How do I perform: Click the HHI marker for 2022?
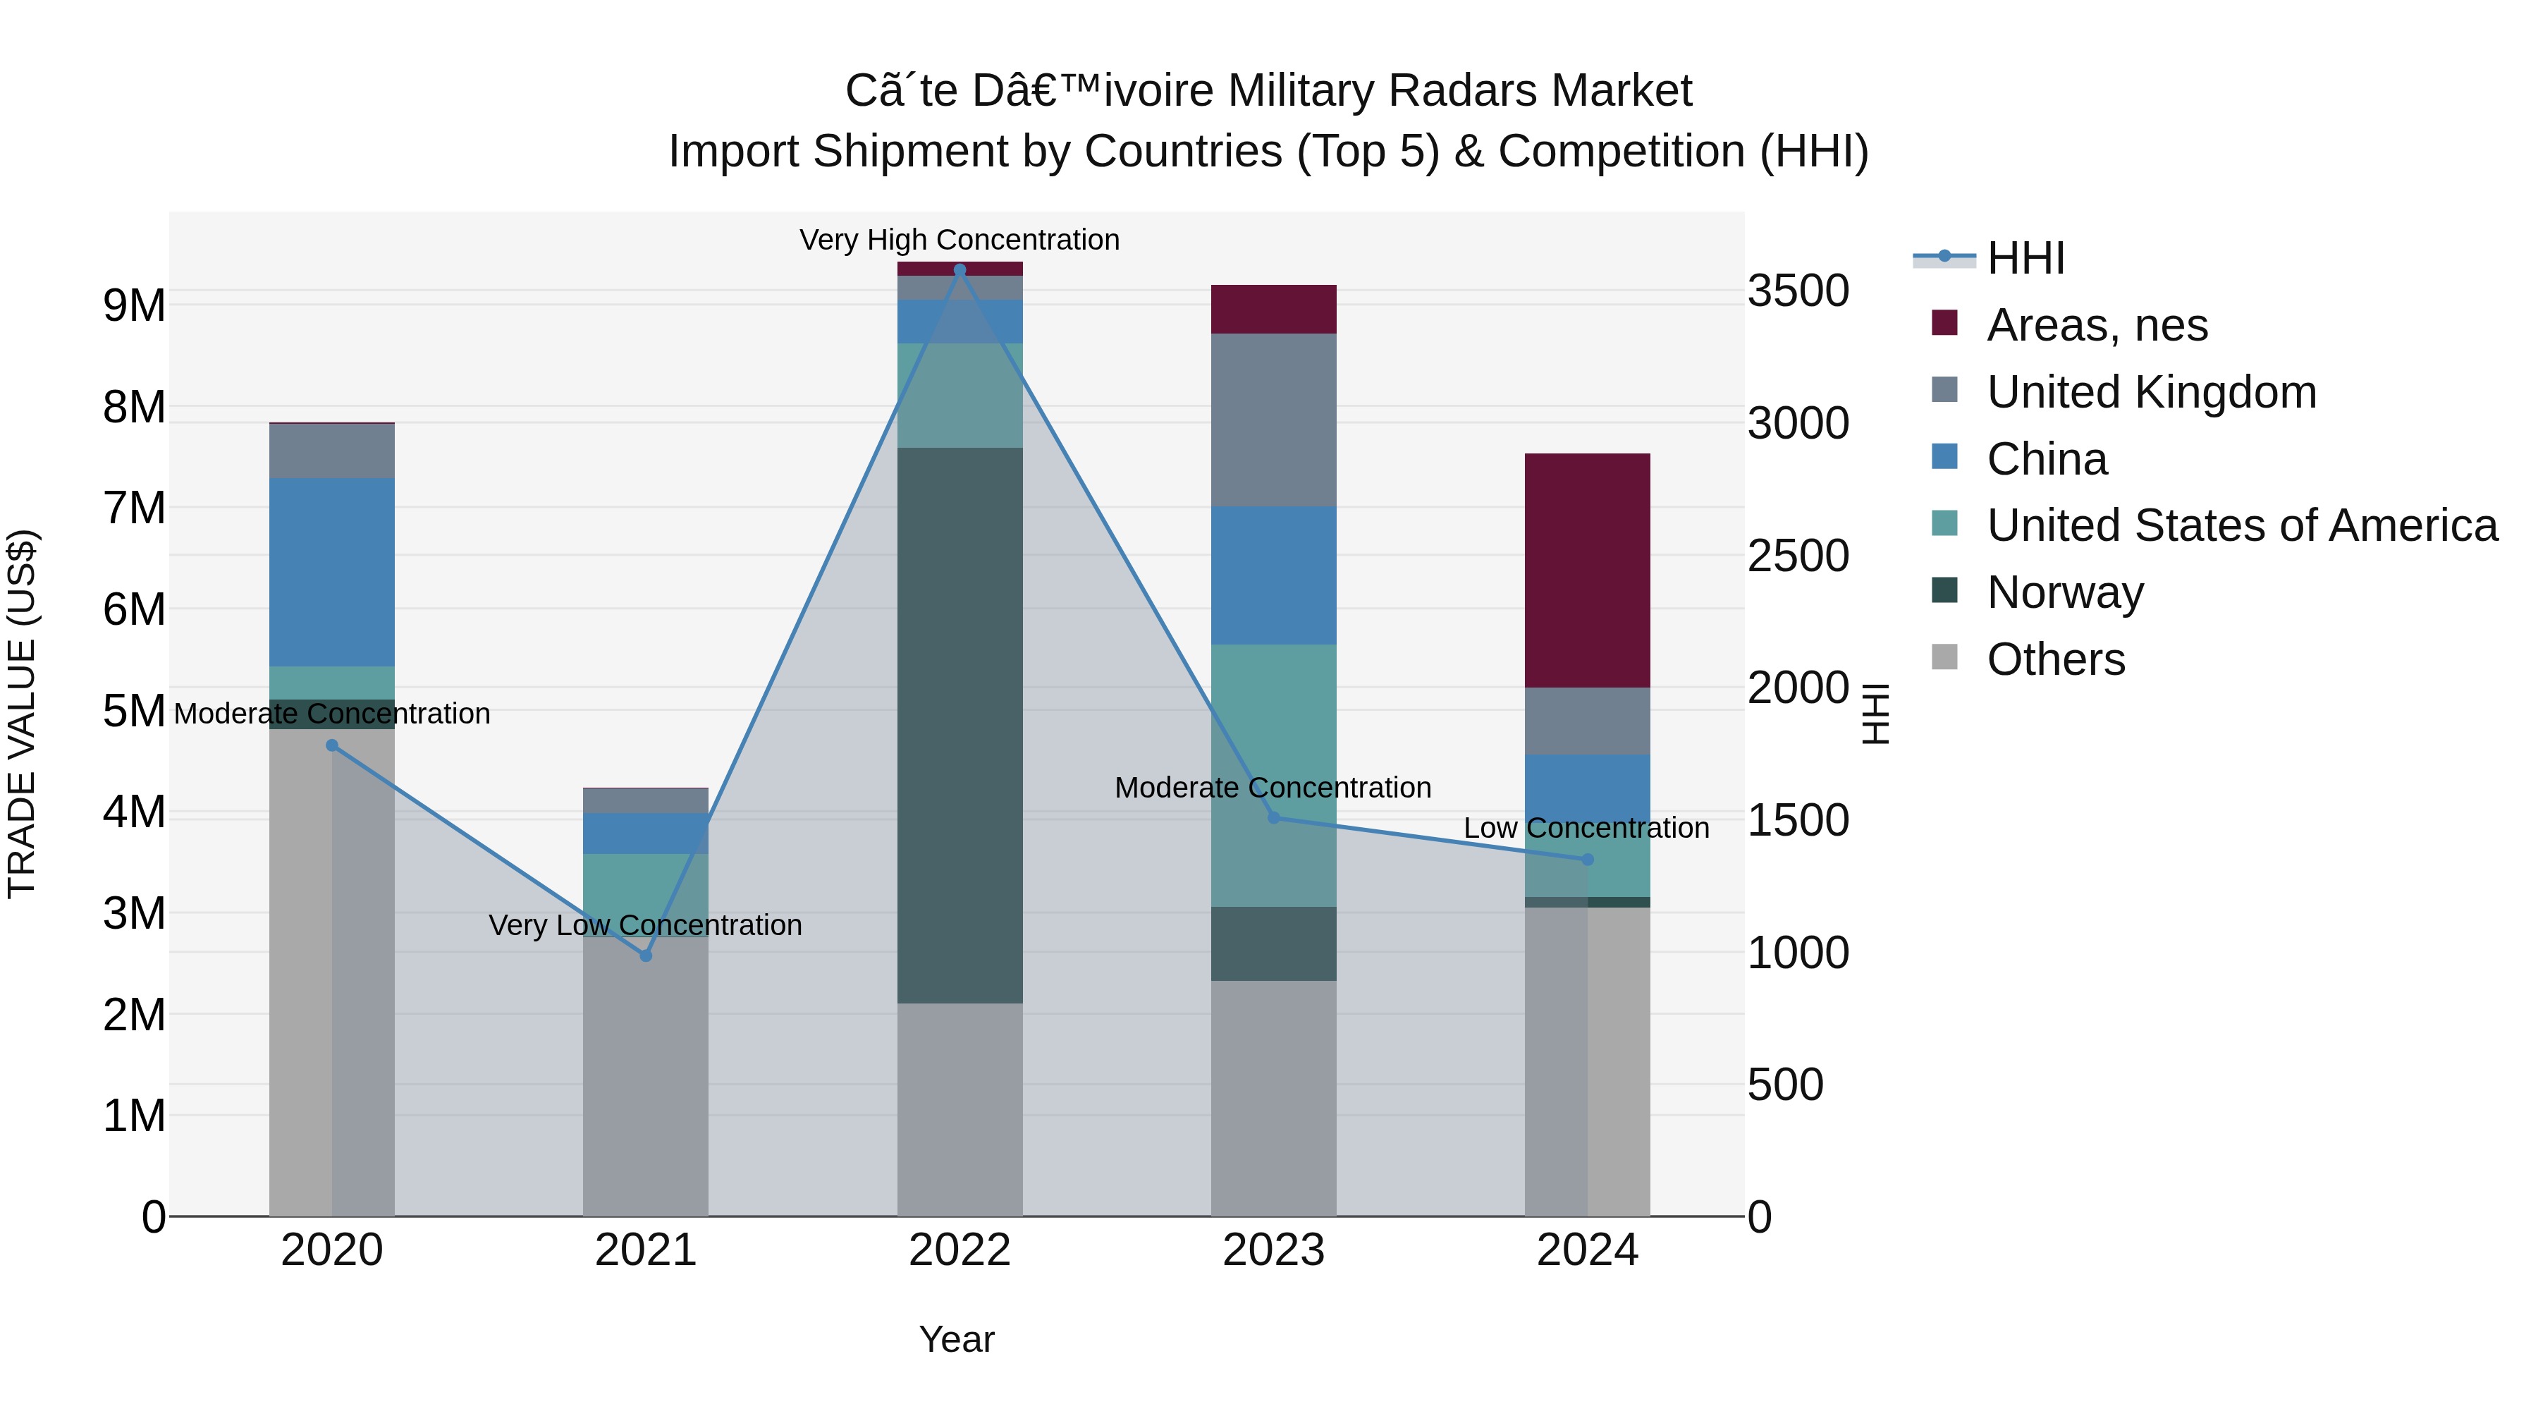click(960, 270)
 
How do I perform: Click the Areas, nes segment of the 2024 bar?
click(1587, 570)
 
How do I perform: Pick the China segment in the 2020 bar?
click(332, 572)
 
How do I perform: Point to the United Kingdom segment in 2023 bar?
click(1273, 420)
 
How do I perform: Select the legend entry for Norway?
click(2065, 592)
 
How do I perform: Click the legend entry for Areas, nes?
click(2097, 325)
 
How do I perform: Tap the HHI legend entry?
click(2025, 258)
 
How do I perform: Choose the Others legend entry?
click(2055, 659)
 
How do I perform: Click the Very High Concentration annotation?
click(960, 240)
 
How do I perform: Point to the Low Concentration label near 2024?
click(1586, 828)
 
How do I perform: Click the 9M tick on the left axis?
click(134, 305)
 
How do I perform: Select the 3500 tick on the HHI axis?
click(1798, 292)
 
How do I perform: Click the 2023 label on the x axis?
click(1273, 1250)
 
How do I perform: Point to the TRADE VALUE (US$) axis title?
click(22, 714)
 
